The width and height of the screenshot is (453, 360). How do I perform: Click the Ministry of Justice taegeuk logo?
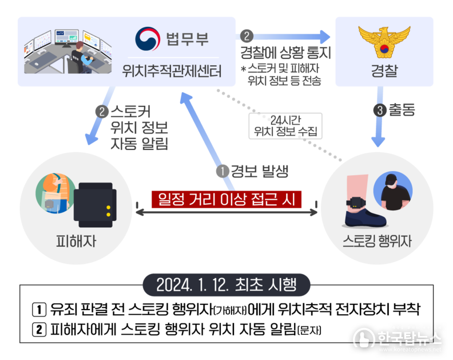point(148,39)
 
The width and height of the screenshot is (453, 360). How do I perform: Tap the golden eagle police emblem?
point(384,42)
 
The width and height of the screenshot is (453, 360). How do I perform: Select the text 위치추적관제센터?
point(172,71)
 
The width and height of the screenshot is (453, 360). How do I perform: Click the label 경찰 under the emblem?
point(384,71)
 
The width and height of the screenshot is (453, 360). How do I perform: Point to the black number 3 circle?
point(380,110)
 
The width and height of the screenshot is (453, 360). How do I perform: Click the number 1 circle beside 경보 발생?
point(222,171)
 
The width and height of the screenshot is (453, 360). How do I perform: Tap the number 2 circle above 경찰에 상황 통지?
point(247,36)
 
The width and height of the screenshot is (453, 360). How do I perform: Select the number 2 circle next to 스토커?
point(102,112)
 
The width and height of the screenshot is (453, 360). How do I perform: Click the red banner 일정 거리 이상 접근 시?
point(227,199)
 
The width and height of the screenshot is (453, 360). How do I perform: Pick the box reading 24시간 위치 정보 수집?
point(285,126)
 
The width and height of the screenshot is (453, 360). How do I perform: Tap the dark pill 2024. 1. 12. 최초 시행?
point(227,285)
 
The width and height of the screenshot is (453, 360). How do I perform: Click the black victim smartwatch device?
point(95,205)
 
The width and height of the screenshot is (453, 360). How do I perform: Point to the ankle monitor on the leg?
point(356,202)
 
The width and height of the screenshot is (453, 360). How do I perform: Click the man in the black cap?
point(393,191)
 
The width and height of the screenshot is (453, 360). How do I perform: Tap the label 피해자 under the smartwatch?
point(76,241)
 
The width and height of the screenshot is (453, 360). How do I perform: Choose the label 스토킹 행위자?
point(377,241)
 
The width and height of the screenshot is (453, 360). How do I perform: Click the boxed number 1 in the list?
point(39,310)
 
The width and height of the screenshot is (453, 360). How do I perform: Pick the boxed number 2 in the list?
point(39,330)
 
